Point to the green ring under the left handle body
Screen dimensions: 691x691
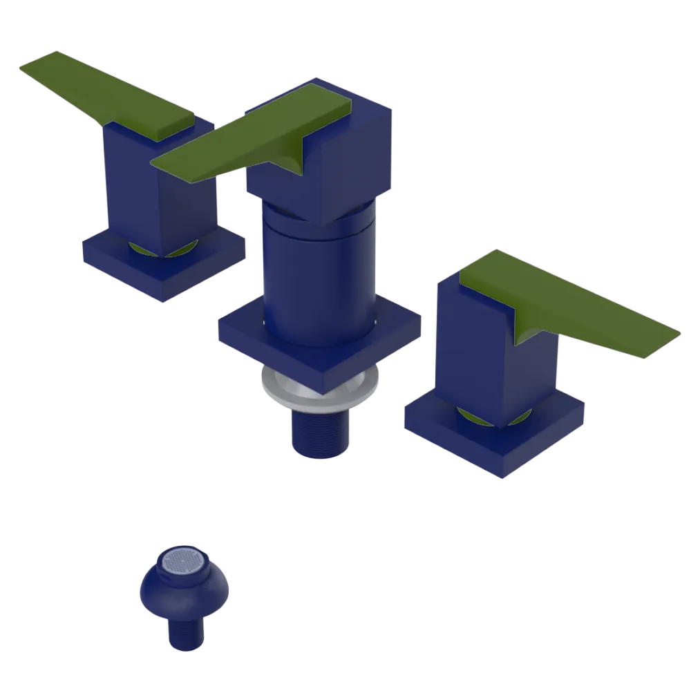145,249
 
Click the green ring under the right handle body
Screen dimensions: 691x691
477,415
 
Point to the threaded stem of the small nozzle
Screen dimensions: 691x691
184,632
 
